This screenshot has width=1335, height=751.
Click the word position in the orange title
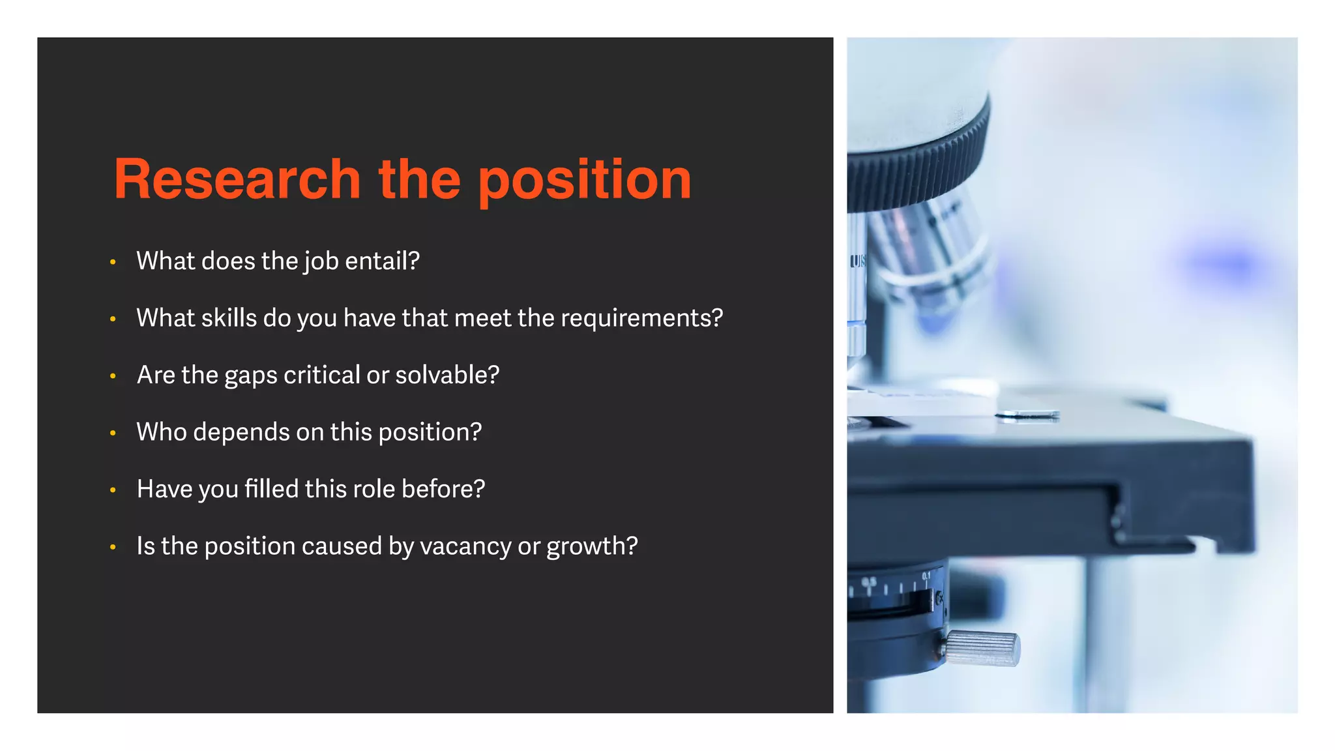pos(585,181)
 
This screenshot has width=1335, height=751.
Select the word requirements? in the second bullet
pos(641,318)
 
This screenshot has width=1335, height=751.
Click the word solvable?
pos(447,375)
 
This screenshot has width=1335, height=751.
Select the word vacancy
pos(465,546)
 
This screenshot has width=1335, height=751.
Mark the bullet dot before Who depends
pos(113,433)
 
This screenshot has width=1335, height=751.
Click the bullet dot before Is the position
pos(113,547)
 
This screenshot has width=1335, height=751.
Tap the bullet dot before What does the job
pos(113,262)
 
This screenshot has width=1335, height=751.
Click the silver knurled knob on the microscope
pos(983,649)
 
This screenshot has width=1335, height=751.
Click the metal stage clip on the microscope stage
pos(1027,415)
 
